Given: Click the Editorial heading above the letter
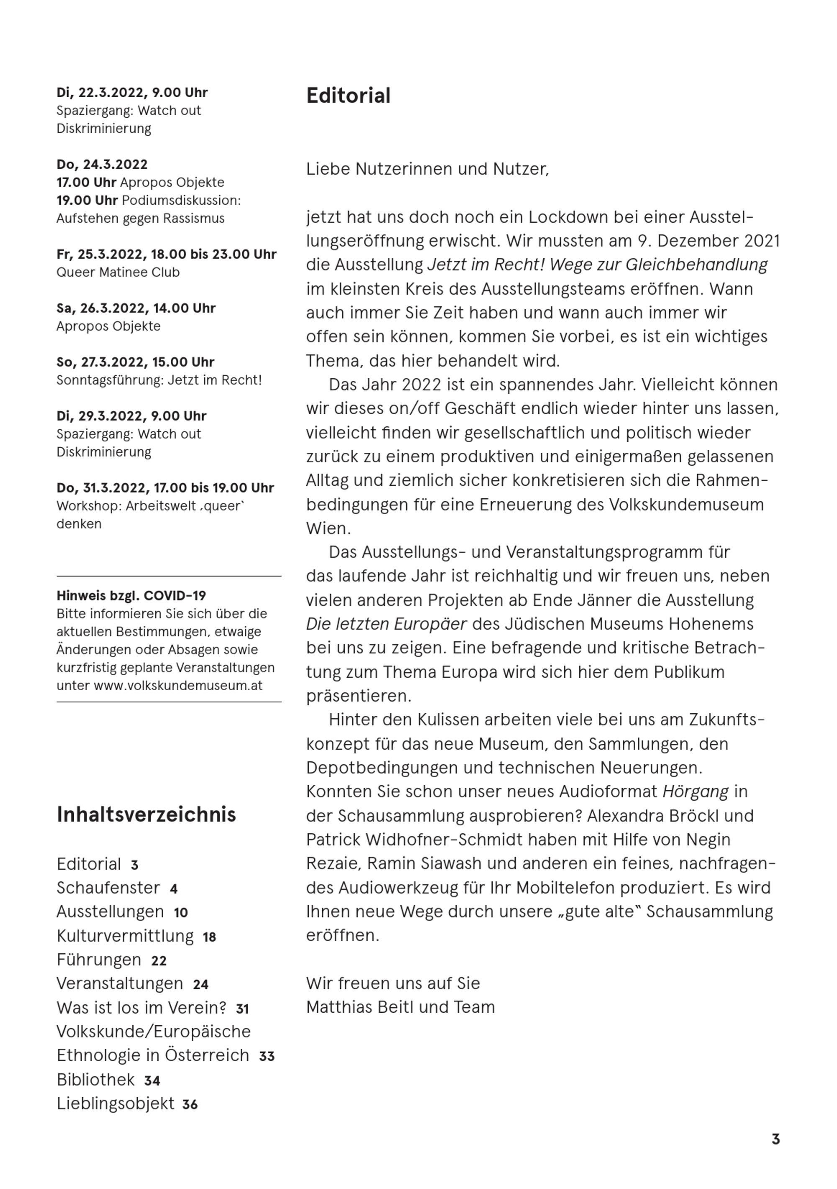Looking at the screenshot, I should point(348,96).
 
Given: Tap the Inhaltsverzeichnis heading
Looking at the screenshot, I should point(146,815).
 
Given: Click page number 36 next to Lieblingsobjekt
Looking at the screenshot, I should point(190,1105).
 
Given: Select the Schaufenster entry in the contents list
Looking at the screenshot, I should point(108,888).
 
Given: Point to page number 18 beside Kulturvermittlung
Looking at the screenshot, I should point(209,937).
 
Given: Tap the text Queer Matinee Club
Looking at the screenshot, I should point(118,272).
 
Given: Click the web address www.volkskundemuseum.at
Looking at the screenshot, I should point(177,686).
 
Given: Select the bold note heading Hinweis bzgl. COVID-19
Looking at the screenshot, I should point(131,596).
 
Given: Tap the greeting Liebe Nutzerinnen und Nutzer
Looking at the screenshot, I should point(427,169).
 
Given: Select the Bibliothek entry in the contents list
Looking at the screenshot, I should point(95,1080).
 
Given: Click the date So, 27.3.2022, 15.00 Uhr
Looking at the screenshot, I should point(135,362).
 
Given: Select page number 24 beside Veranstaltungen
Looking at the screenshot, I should point(200,985).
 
